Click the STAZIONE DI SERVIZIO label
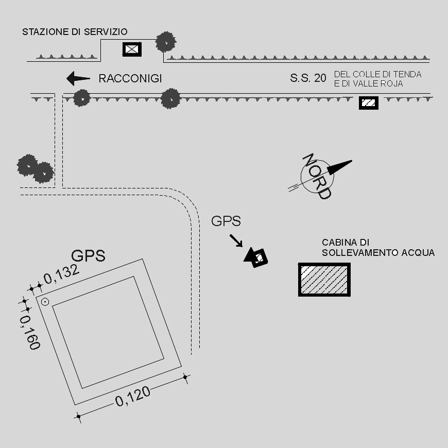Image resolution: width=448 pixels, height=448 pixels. click(x=75, y=32)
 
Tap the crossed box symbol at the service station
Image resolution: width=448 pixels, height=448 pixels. click(x=132, y=49)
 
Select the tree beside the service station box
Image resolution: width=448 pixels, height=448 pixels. click(x=165, y=42)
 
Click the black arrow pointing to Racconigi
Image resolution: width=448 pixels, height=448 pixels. click(x=78, y=78)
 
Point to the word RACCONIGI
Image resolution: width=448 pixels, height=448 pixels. click(x=130, y=78)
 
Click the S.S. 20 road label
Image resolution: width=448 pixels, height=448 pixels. click(x=308, y=78)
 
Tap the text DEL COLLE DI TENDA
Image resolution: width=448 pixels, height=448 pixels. click(x=377, y=74)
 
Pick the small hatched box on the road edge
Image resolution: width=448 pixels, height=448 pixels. click(x=368, y=103)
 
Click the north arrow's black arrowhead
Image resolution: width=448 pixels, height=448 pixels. click(x=339, y=167)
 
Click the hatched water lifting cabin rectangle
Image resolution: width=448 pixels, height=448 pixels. click(x=324, y=280)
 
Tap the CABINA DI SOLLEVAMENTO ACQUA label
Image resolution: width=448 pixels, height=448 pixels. click(x=378, y=248)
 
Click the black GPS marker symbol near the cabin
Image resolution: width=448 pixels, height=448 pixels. click(x=257, y=256)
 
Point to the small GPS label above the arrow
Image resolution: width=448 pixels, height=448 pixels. click(x=226, y=221)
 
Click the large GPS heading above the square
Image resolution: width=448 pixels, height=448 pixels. click(x=88, y=255)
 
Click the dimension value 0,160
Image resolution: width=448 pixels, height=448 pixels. click(x=30, y=332)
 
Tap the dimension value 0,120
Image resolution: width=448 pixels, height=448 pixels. click(x=133, y=396)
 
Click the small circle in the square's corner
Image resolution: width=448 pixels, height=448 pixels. click(x=45, y=302)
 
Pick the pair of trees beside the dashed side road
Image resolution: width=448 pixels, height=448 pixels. click(x=35, y=169)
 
